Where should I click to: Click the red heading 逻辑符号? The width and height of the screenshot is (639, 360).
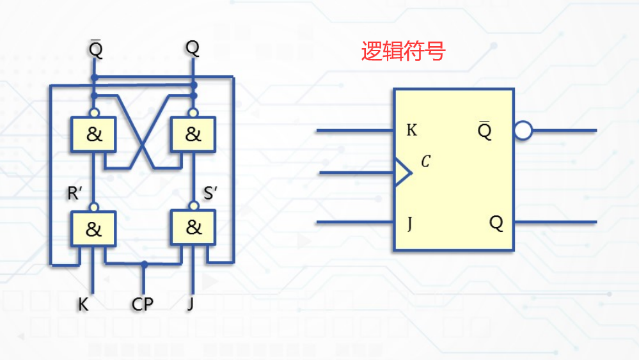pos(403,52)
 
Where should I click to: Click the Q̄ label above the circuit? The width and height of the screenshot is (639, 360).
pos(95,48)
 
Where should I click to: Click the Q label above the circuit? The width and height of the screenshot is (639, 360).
pos(193,48)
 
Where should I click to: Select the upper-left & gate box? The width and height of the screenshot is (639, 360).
pos(94,135)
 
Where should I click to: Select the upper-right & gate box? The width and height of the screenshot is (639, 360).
pos(193,135)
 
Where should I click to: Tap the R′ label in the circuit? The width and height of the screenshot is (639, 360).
pos(75,193)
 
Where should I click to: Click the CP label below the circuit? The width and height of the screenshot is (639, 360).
pos(143,304)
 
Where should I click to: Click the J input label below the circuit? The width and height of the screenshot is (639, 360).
pos(190,304)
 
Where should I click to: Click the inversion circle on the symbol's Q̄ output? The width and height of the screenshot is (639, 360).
pos(523,131)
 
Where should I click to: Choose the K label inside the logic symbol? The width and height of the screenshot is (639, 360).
pos(411,131)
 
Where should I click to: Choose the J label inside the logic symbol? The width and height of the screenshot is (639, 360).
pos(410,223)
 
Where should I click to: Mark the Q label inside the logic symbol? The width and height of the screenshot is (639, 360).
pos(496,223)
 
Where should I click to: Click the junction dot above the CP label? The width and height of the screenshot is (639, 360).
pos(145,263)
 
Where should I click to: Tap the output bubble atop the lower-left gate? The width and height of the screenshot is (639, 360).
pos(94,207)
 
